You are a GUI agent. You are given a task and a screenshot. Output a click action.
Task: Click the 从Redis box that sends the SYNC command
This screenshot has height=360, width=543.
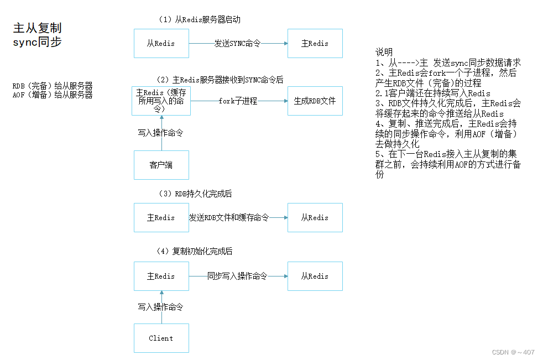point(161,43)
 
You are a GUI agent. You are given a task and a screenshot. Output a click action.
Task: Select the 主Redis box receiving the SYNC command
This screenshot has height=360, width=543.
point(315,43)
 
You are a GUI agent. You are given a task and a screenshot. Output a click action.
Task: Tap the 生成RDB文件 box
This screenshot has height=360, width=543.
point(315,101)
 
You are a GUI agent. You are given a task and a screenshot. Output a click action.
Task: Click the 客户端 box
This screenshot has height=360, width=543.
point(161,165)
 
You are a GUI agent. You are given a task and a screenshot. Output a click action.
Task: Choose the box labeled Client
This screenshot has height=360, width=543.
point(161,338)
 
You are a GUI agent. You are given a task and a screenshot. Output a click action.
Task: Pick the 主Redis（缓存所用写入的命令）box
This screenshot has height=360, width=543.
point(161,101)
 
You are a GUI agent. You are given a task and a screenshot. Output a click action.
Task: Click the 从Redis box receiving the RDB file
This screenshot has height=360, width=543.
point(315,217)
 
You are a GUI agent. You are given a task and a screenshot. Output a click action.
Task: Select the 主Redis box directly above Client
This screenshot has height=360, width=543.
point(161,276)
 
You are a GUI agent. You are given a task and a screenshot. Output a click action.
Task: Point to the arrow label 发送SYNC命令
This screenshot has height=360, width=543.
point(237,43)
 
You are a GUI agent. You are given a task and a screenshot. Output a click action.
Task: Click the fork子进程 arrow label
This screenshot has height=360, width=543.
point(238,101)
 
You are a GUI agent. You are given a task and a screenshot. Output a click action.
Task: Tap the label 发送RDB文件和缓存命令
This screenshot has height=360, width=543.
point(229,217)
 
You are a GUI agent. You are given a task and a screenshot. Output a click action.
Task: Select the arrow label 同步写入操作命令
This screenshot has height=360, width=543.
point(237,276)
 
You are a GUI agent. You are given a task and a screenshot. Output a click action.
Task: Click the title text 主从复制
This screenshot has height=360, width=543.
point(37,28)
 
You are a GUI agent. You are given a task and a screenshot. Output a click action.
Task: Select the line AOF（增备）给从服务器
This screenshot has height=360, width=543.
point(53,95)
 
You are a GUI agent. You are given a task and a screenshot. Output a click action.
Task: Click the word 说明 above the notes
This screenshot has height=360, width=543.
point(384,52)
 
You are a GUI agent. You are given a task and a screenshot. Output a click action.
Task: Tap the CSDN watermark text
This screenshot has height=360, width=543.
point(513,352)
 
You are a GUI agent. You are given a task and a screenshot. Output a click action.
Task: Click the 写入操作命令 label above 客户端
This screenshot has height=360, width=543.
point(160,133)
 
